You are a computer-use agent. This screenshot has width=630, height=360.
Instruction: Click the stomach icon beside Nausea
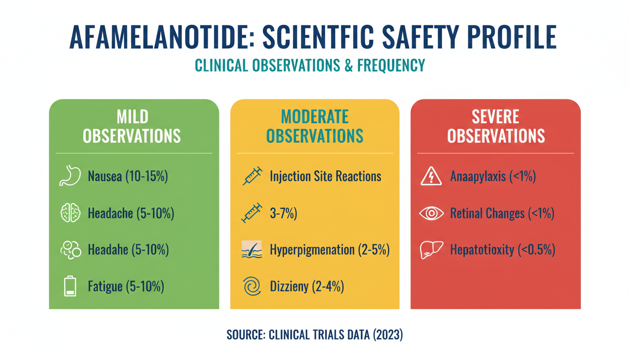pyautogui.click(x=70, y=176)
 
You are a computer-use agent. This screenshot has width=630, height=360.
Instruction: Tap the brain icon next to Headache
pyautogui.click(x=70, y=213)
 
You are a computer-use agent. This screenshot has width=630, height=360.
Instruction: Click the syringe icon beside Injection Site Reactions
pyautogui.click(x=252, y=176)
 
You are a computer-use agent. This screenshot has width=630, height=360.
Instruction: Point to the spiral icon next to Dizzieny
pyautogui.click(x=252, y=286)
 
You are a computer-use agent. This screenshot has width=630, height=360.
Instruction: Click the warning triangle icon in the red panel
pyautogui.click(x=431, y=176)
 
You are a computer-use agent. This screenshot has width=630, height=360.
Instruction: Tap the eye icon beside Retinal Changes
pyautogui.click(x=431, y=213)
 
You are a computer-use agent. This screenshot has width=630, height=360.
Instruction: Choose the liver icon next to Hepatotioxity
pyautogui.click(x=431, y=249)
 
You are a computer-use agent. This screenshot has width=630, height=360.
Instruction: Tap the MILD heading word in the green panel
pyautogui.click(x=132, y=116)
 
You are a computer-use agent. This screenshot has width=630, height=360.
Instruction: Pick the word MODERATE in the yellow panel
pyautogui.click(x=315, y=116)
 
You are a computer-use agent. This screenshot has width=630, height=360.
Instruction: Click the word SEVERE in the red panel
pyautogui.click(x=495, y=116)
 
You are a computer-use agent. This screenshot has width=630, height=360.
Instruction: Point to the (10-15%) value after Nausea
pyautogui.click(x=147, y=177)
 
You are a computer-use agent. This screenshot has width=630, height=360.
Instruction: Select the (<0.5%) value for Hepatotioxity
pyautogui.click(x=536, y=250)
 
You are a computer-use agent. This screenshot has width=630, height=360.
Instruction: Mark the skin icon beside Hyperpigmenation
pyautogui.click(x=252, y=250)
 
